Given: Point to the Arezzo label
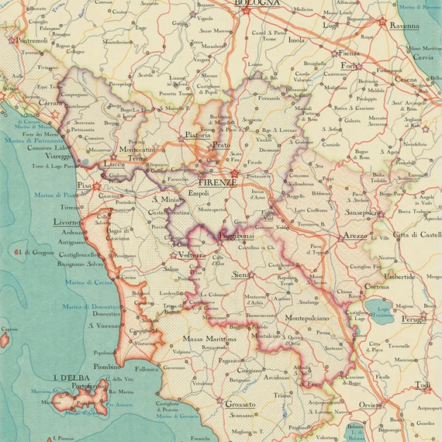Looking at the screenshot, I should pos(356,235).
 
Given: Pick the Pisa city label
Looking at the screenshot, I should pos(85,186).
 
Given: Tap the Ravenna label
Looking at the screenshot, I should pos(404,25).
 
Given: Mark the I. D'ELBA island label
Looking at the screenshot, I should pos(70,378).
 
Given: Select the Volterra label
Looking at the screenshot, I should pos(192,254).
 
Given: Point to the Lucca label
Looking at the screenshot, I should pos(113,164).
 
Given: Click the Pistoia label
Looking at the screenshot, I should pos(198,135).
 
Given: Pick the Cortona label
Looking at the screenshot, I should pos(377,287).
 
